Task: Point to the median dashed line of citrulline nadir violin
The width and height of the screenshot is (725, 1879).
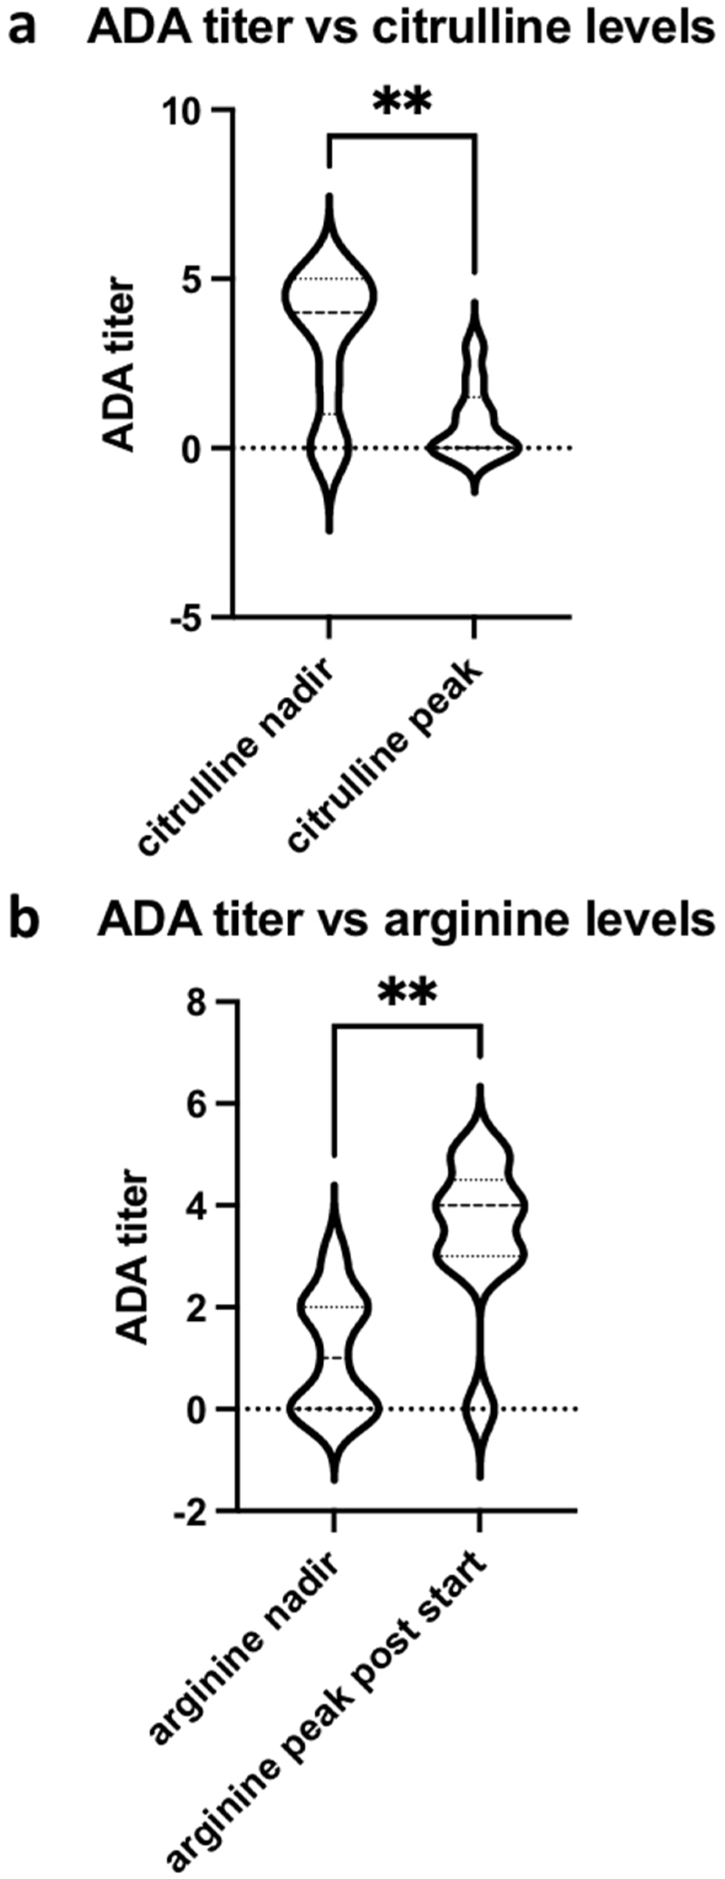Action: click(x=328, y=312)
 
